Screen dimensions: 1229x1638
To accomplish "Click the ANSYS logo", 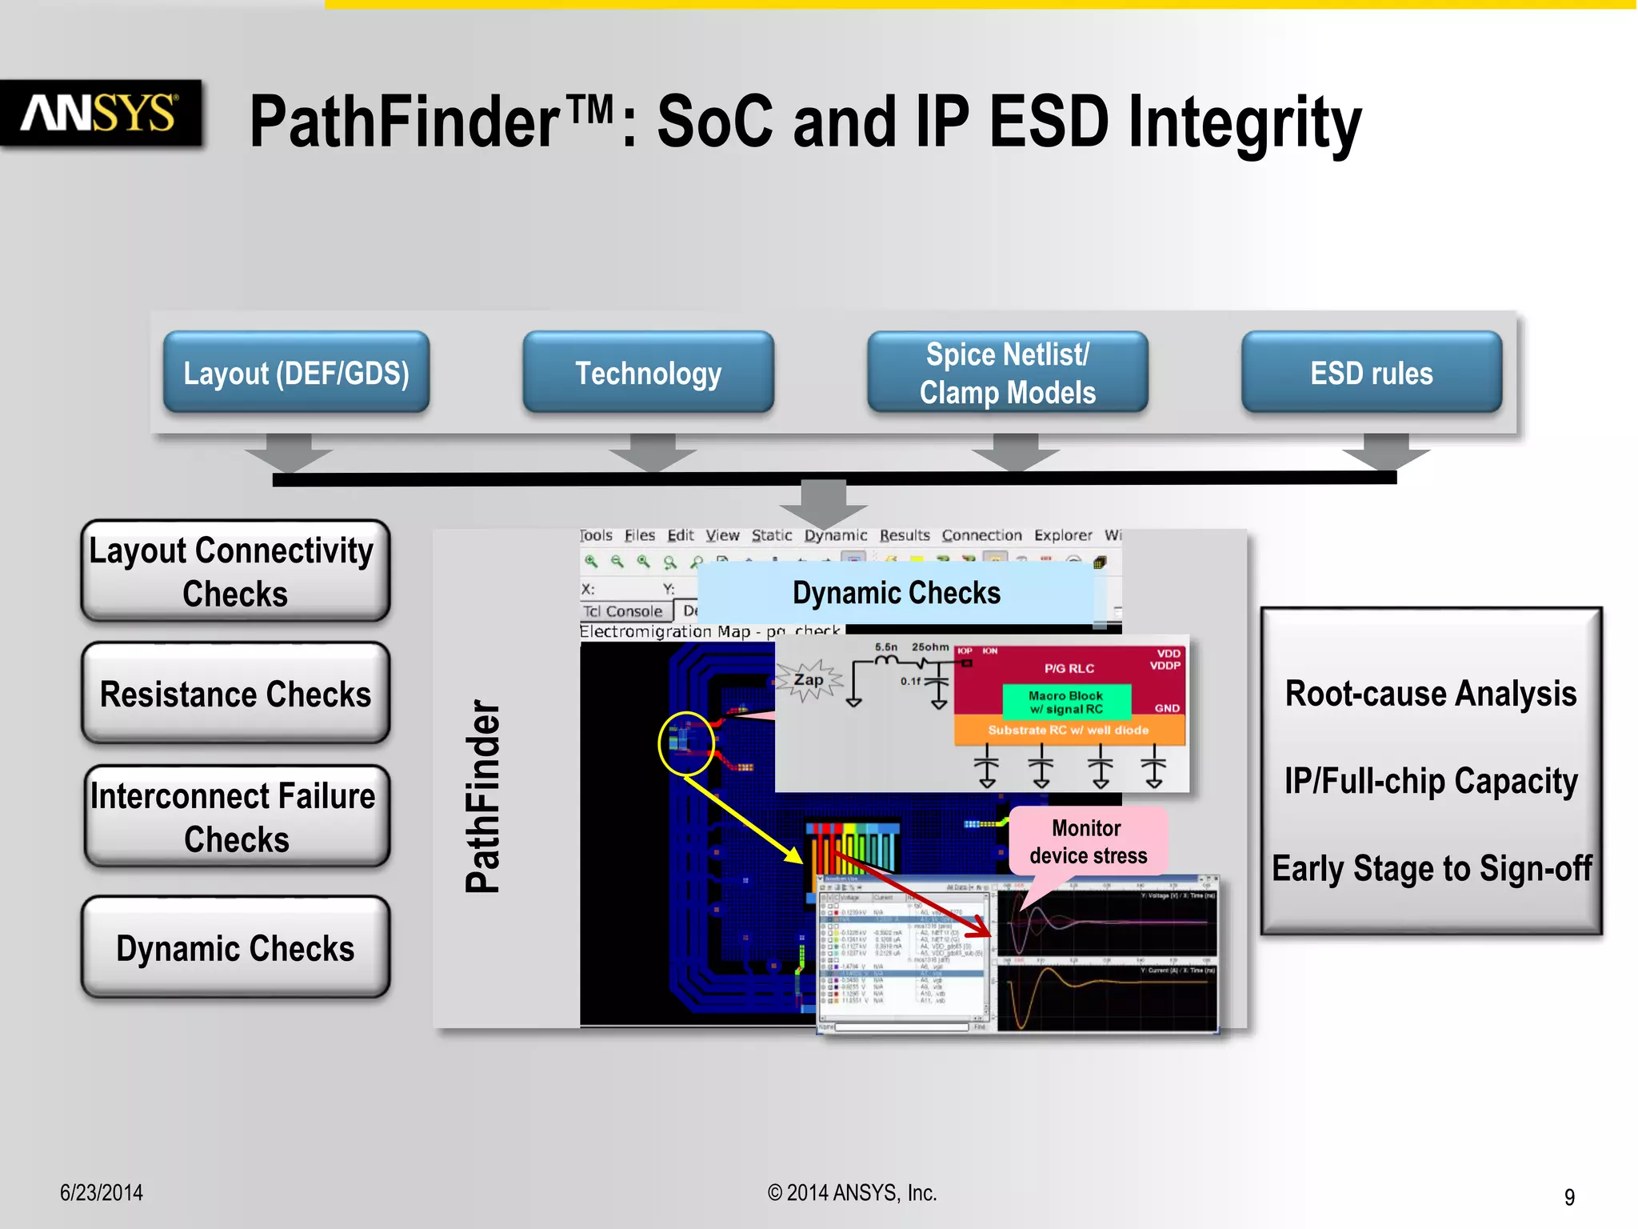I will pos(100,113).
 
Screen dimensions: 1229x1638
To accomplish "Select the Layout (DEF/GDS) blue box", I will pos(296,373).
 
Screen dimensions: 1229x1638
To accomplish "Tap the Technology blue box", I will pos(648,373).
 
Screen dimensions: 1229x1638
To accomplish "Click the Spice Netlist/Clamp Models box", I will pos(1007,373).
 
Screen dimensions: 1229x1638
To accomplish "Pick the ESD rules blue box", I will pos(1371,373).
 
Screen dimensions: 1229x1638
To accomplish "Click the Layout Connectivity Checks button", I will pos(235,571).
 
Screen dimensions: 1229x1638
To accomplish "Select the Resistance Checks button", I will pos(235,694).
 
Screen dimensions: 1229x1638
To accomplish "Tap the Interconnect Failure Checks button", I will pos(235,816).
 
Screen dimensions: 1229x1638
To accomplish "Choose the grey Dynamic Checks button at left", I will pos(235,948).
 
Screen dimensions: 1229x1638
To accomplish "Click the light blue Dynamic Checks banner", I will pos(896,593).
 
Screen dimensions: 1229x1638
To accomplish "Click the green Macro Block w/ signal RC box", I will pos(1066,702).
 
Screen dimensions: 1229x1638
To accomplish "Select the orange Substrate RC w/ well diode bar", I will pos(1069,730).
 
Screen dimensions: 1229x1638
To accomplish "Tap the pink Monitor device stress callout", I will pos(1088,842).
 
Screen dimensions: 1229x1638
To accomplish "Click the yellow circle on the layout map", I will pos(685,743).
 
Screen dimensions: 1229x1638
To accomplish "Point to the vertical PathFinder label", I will pos(483,796).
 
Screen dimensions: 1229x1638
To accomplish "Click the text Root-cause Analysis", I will pos(1430,693).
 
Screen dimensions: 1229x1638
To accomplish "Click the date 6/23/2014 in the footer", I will pos(102,1192).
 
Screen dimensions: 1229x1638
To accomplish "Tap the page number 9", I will pos(1569,1197).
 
